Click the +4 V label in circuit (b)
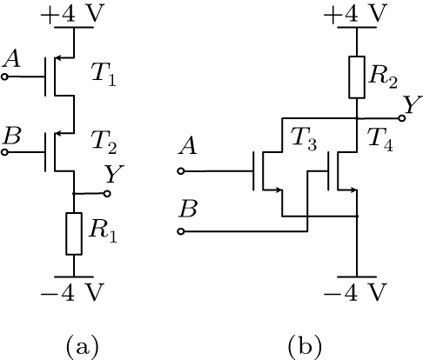(x=357, y=13)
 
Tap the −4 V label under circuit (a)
(x=74, y=292)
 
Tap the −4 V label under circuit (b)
(x=357, y=292)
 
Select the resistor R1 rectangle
(x=74, y=230)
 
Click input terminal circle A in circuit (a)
(x=5, y=77)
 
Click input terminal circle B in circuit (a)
(x=5, y=152)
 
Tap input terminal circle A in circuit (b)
(x=181, y=170)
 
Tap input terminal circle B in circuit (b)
(x=181, y=231)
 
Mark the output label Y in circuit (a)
(x=111, y=175)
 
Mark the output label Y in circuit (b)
(x=407, y=104)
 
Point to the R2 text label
(x=384, y=78)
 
